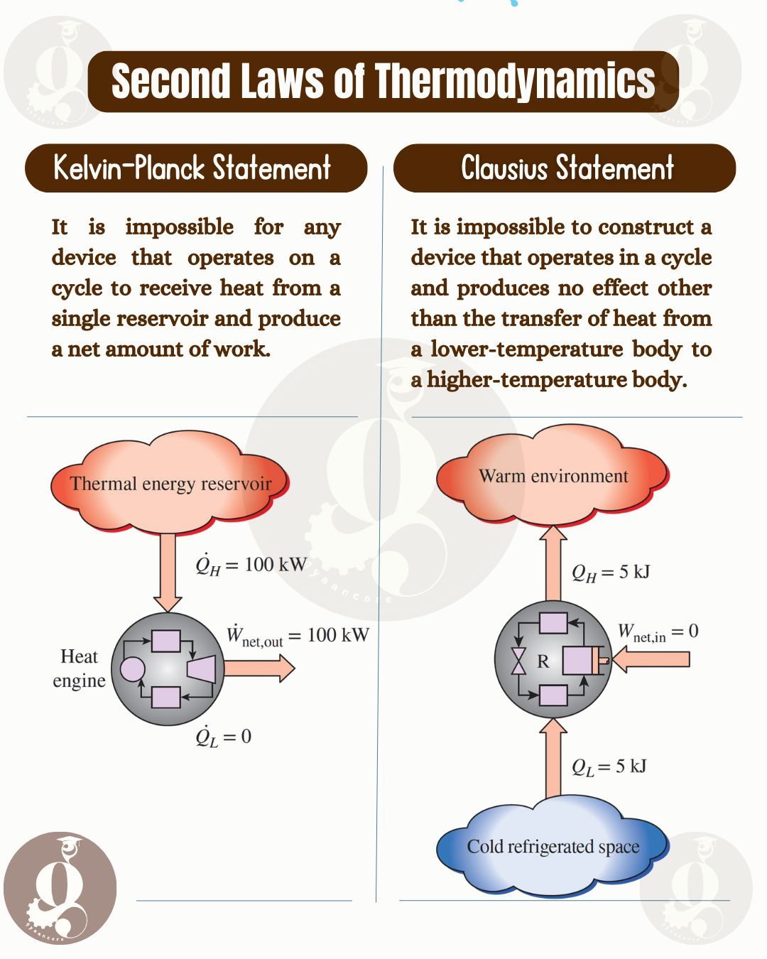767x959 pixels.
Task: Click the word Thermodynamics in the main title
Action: point(514,81)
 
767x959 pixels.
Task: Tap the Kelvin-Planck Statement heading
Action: point(192,168)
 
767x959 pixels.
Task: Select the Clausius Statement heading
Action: point(567,168)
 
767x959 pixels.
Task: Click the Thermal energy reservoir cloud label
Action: point(170,484)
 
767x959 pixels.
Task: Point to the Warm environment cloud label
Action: point(553,476)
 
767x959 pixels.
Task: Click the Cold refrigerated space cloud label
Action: point(553,846)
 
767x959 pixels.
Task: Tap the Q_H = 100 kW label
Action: point(251,565)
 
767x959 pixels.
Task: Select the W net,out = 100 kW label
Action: point(298,635)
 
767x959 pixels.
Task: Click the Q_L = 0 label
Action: point(223,737)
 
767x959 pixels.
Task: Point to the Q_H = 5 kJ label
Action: point(611,573)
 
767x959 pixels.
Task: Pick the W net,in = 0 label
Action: point(658,633)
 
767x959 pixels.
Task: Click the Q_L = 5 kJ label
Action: point(609,767)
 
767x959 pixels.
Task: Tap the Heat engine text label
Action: point(80,668)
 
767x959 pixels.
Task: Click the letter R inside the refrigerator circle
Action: point(543,661)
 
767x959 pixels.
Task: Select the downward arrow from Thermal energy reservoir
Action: point(168,572)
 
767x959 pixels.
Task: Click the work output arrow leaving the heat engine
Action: point(259,668)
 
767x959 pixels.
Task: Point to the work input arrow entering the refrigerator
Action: point(651,659)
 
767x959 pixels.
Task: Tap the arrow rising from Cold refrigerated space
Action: point(553,757)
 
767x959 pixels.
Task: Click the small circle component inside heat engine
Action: point(133,669)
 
